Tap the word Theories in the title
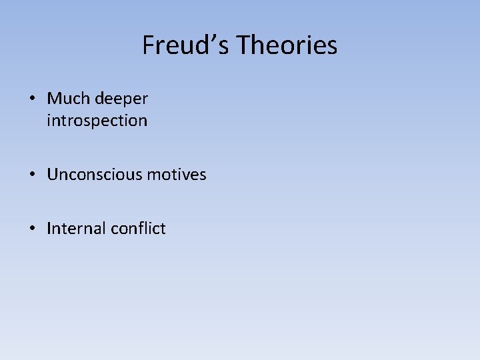[x=287, y=45]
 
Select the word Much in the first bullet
[x=64, y=99]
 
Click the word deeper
[x=121, y=99]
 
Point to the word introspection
[x=97, y=121]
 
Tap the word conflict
[x=139, y=229]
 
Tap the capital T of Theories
[x=243, y=45]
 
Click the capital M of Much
[x=54, y=99]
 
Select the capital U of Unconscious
[x=53, y=175]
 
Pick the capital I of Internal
[x=49, y=229]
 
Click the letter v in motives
[x=186, y=175]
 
